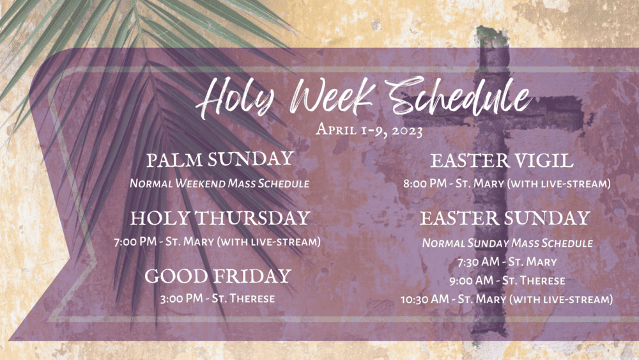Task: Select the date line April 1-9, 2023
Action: click(369, 130)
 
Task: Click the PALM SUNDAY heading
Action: click(220, 159)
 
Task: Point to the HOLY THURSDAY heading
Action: click(220, 218)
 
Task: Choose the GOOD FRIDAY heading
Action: click(218, 276)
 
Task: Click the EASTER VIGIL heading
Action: click(502, 160)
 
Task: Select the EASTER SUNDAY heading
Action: click(505, 218)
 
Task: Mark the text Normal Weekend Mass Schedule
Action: click(219, 184)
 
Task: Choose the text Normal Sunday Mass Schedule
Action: click(507, 244)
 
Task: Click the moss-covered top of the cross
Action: click(492, 36)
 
